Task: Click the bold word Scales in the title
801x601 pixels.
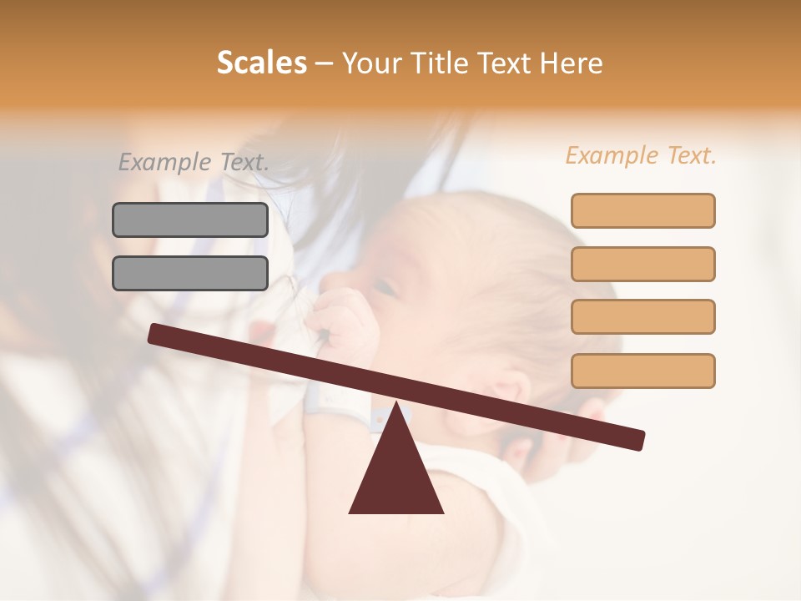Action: (261, 63)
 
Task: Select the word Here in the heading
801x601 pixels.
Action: (572, 63)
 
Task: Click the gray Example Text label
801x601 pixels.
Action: (194, 162)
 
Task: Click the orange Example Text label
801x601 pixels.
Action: (641, 155)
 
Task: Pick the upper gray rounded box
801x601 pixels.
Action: (190, 220)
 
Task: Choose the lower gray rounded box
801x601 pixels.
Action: (190, 273)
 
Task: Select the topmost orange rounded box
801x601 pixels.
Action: (642, 210)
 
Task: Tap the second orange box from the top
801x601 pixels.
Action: (642, 264)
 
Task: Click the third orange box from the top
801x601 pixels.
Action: (642, 316)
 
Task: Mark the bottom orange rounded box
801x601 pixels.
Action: (642, 371)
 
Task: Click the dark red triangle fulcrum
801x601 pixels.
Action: (395, 476)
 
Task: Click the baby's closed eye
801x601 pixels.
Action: (385, 289)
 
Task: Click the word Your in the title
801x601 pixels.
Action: (370, 63)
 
